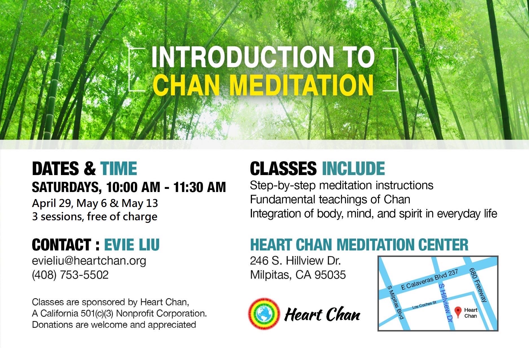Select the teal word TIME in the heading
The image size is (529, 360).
119,169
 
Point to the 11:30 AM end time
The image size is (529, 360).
200,187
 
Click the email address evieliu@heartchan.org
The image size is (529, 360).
89,261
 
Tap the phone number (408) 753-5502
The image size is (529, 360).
70,275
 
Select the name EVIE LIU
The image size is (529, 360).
132,245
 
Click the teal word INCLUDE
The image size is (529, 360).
353,169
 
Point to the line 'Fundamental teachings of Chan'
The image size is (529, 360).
330,200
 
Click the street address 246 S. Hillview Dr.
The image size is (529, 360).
295,261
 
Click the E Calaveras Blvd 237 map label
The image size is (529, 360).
429,280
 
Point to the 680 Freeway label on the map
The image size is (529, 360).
478,285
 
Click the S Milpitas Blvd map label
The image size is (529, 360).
395,302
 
